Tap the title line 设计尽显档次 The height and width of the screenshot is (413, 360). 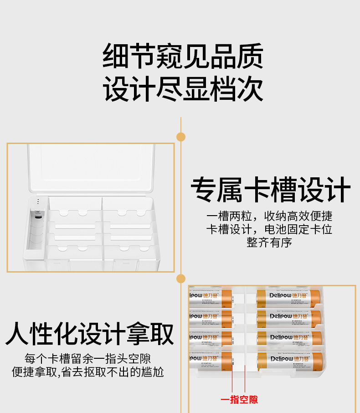(x=183, y=89)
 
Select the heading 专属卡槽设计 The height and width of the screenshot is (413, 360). (x=271, y=190)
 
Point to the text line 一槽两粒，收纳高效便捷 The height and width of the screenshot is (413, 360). (x=269, y=216)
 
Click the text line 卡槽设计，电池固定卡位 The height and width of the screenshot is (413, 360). (x=269, y=229)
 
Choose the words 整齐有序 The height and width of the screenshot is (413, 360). (x=269, y=243)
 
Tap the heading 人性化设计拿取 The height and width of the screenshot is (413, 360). (x=90, y=334)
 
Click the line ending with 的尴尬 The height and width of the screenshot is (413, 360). (x=88, y=372)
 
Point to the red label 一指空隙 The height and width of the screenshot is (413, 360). (x=239, y=400)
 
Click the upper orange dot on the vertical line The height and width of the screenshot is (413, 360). (x=181, y=136)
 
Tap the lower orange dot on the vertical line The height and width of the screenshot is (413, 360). (x=181, y=278)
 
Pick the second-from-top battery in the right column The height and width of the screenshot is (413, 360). (x=289, y=317)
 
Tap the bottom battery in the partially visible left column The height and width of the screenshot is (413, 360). (x=210, y=359)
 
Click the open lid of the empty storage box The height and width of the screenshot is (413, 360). (x=91, y=169)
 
